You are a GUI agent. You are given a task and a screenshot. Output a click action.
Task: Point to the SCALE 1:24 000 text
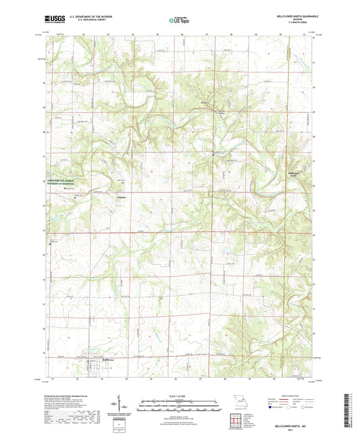point(180,395)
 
